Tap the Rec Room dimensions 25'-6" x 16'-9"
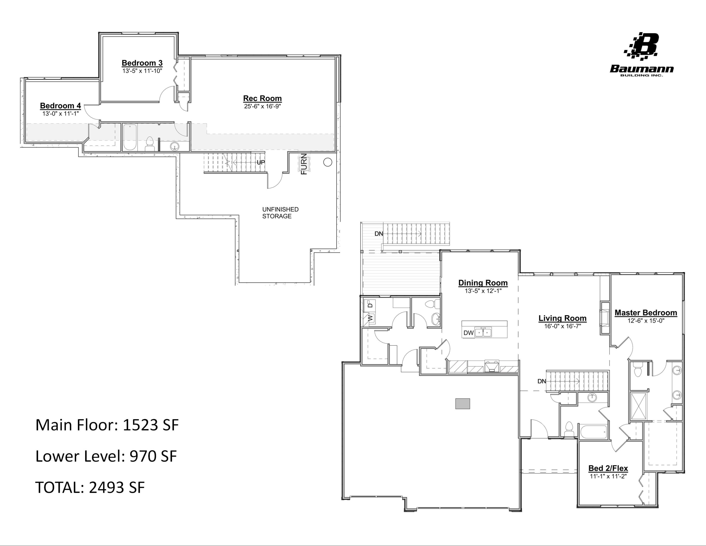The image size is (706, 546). [262, 106]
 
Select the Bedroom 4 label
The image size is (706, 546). [60, 106]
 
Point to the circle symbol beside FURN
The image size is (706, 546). [327, 162]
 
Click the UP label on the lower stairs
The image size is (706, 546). [261, 162]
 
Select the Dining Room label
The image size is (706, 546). [483, 283]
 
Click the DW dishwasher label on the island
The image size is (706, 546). [468, 333]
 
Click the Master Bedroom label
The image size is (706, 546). [646, 313]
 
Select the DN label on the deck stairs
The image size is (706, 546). [379, 233]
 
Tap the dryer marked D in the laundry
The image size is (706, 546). [370, 304]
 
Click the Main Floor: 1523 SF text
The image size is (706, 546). [107, 425]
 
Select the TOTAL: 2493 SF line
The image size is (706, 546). [90, 487]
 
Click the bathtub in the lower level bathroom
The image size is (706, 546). [130, 138]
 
